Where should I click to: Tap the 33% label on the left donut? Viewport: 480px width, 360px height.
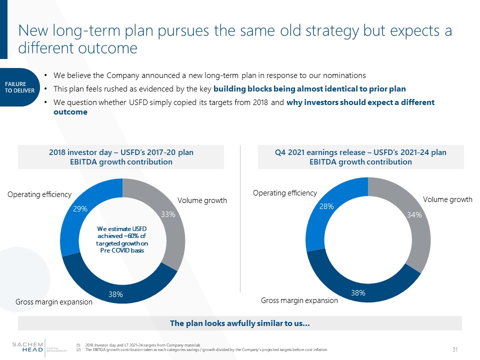coord(168,214)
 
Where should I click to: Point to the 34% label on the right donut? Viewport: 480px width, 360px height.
coord(414,215)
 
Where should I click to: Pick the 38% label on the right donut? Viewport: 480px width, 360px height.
coord(358,293)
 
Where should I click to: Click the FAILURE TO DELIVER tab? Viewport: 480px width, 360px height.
coord(20,87)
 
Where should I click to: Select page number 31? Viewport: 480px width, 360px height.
coord(455,349)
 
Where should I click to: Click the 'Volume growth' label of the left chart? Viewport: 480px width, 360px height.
coord(202,200)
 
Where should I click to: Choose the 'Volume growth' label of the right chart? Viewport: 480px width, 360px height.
coord(447,199)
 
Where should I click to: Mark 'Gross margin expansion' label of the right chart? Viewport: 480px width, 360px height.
coord(299,300)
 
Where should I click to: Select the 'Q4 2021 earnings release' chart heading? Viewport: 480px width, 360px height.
coord(360,157)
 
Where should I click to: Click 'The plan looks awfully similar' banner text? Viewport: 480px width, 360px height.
coord(240,323)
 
